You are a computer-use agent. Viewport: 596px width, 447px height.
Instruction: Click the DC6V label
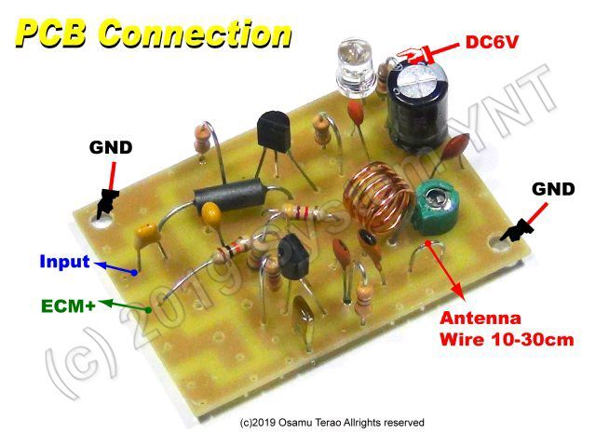(492, 42)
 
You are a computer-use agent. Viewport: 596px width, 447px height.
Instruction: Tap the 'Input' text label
(64, 262)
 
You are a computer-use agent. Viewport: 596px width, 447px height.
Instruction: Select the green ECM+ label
(68, 306)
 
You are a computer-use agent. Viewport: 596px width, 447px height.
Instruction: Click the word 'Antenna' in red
(481, 318)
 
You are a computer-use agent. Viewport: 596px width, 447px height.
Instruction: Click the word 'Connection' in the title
(195, 34)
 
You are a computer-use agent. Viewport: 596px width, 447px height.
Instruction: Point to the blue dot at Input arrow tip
(134, 273)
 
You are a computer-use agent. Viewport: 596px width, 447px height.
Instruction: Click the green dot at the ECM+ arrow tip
(148, 310)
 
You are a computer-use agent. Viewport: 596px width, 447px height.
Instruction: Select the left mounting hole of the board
(103, 222)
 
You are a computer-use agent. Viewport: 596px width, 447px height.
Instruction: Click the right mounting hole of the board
(499, 242)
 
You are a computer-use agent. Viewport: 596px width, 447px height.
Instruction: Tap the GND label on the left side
(111, 147)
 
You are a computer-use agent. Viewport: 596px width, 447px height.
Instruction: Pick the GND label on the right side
(553, 189)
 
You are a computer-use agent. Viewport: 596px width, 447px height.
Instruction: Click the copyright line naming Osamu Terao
(332, 422)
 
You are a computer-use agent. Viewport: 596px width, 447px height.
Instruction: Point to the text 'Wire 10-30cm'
(507, 339)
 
